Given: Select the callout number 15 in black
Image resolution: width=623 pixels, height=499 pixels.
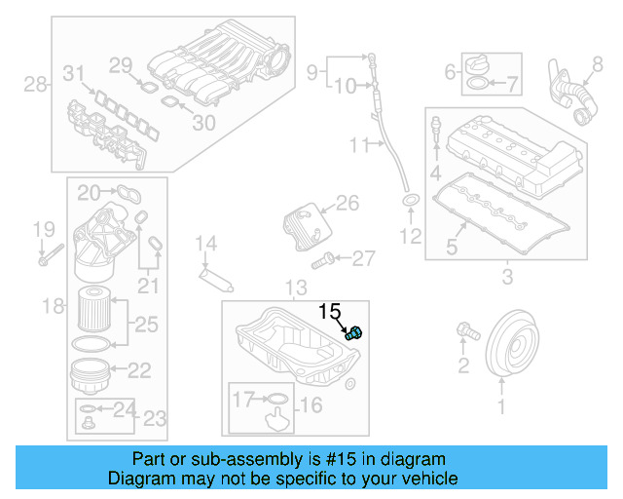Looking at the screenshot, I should (x=330, y=312).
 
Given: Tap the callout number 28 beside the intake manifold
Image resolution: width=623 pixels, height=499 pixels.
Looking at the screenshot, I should (x=35, y=85).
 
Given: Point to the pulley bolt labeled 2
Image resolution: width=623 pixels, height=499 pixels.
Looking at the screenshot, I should (x=466, y=333).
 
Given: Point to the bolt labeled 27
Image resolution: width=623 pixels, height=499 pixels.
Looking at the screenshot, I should (x=323, y=260).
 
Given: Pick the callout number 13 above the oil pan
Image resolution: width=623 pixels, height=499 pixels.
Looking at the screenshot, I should (x=295, y=287).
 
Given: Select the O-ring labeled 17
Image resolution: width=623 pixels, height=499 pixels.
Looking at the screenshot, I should (x=276, y=398).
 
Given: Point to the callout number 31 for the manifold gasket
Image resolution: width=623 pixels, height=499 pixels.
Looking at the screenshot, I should (x=74, y=72).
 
